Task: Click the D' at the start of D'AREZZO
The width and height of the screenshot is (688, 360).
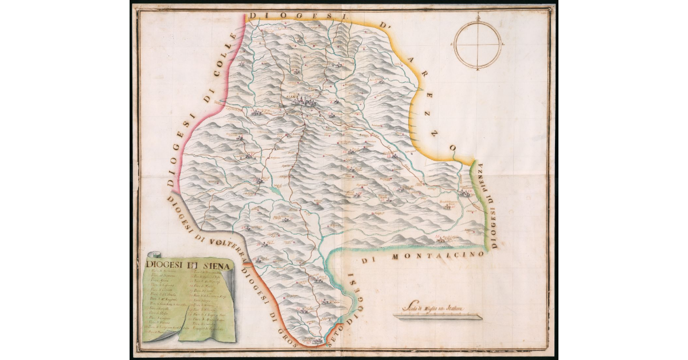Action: [383, 26]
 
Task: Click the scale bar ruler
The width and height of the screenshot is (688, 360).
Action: [438, 316]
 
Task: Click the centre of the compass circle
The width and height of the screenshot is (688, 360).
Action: [478, 44]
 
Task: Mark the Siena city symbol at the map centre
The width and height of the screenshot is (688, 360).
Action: [303, 101]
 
